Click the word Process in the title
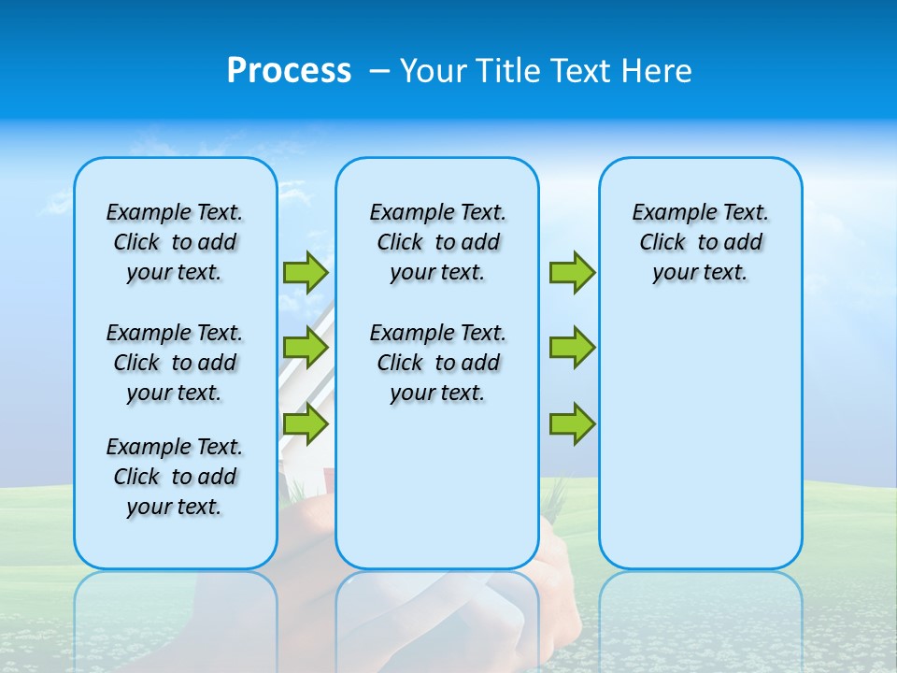pos(289,70)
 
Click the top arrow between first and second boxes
pos(306,272)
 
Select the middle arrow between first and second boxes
pos(306,348)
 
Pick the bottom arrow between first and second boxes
pos(306,424)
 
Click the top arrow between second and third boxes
pos(572,272)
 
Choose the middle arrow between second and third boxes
pos(572,348)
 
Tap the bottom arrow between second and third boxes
pos(572,424)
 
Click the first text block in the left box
pos(175,242)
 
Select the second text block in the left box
pos(175,363)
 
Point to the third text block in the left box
pos(175,477)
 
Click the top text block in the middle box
pos(437,242)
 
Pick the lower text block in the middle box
pos(437,363)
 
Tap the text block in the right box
pos(701,242)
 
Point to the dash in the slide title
pos(379,71)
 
